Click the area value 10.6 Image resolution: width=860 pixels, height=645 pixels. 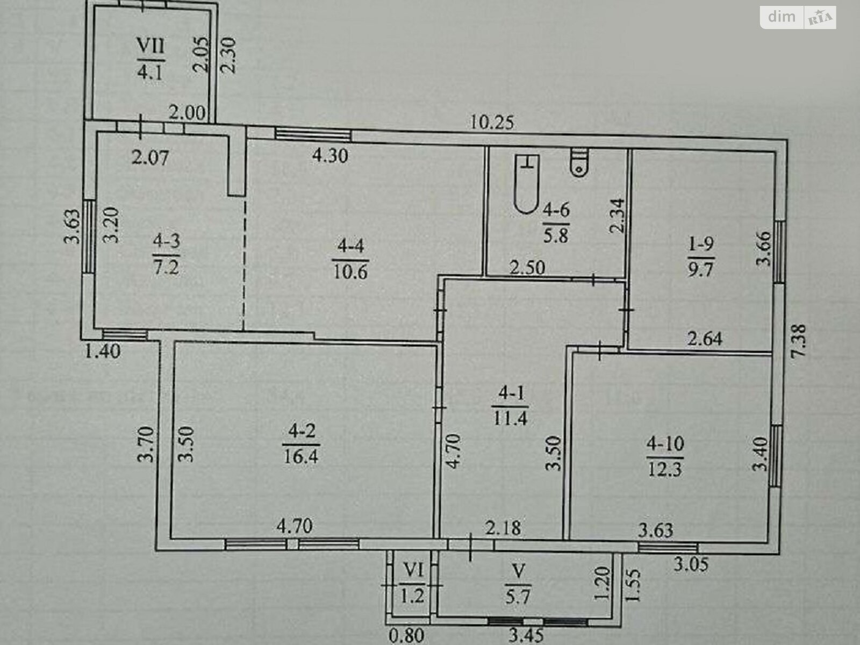349,271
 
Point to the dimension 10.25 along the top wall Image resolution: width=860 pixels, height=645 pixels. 492,123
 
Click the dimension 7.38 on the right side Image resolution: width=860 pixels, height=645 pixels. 799,344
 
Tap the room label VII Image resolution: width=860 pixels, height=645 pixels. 150,46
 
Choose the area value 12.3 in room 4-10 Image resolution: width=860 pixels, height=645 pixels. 664,469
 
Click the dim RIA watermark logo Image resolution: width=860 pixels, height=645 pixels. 798,17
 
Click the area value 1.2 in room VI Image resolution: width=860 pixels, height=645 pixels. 413,596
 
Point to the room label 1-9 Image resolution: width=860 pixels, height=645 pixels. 701,245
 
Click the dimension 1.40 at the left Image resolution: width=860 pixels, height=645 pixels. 103,352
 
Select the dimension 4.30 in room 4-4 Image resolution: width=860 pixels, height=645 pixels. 330,156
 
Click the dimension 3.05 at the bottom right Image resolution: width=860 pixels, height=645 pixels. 691,564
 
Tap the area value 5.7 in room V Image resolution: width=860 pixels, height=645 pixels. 518,596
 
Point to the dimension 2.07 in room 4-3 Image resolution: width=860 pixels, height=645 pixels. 150,157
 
